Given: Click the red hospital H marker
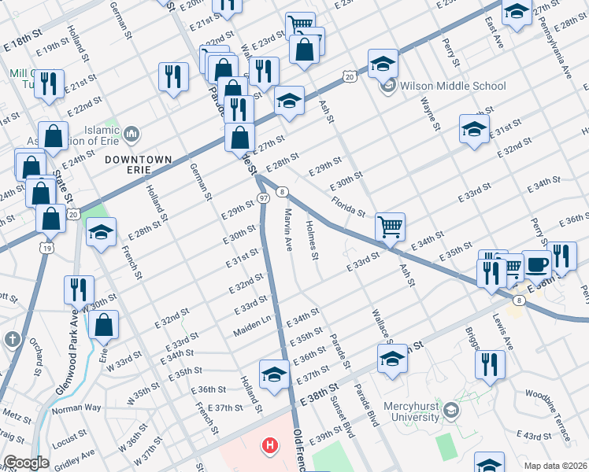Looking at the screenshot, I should [x=271, y=447].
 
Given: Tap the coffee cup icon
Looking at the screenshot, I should [x=537, y=264].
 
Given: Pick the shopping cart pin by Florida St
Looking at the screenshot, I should [x=390, y=227].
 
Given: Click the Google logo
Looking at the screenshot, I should [x=26, y=463].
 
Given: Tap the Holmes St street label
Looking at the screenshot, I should [x=313, y=241].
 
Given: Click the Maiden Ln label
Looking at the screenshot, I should [x=252, y=329].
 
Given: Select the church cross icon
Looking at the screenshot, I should [x=12, y=339].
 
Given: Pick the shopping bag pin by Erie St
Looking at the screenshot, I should [x=104, y=323].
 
